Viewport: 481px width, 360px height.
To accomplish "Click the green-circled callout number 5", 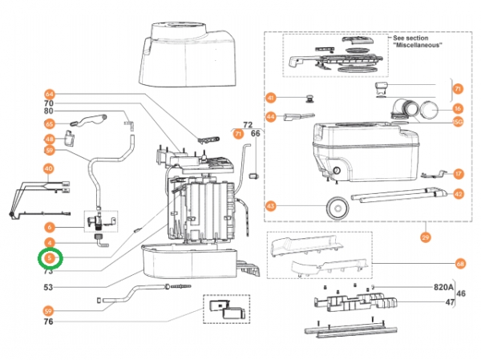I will coord(49,258).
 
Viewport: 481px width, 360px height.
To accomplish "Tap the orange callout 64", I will coord(49,94).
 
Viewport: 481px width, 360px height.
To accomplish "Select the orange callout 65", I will coord(49,124).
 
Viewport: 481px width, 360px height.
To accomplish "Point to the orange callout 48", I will coord(49,139).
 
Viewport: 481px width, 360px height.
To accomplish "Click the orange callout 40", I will coord(49,169).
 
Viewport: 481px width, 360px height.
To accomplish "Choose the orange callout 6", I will coord(49,227).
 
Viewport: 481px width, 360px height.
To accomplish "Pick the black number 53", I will coord(49,286).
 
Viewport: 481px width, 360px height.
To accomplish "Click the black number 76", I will coord(49,322).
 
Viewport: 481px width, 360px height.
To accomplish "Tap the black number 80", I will coord(49,112).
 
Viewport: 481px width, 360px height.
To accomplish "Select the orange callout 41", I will coord(271,98).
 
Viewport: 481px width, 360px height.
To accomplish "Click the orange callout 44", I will coord(271,117).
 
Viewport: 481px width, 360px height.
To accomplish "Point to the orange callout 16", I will coord(458,108).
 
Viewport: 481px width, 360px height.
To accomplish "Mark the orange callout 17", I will coord(458,173).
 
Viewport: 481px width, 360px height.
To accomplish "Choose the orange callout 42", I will coord(458,193).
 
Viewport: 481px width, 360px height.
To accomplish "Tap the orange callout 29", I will coord(425,237).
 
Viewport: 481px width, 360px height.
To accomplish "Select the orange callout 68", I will coord(459,263).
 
